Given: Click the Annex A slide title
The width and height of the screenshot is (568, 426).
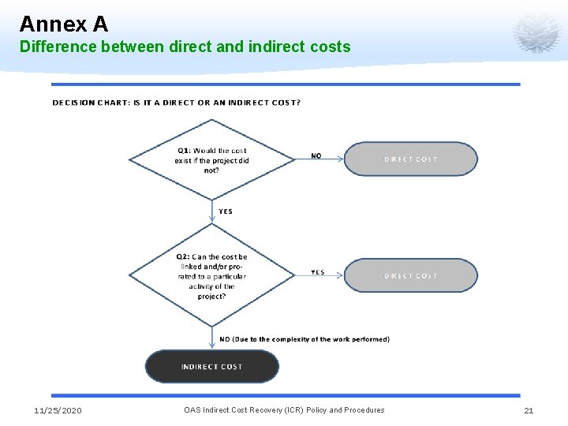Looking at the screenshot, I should click(x=63, y=24).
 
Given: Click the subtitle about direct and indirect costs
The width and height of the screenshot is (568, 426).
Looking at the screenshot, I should click(x=185, y=47).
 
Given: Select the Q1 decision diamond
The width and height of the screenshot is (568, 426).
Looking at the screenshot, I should click(x=211, y=159).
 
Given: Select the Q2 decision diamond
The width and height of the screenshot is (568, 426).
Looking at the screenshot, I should click(x=211, y=275).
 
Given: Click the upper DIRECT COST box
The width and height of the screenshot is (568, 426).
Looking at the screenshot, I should click(x=410, y=159).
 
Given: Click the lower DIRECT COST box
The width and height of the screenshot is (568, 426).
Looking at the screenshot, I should click(x=410, y=275).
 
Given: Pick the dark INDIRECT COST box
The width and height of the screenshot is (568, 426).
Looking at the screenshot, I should click(x=211, y=366).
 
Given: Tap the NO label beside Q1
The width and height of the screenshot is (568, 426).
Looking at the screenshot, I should click(x=316, y=155).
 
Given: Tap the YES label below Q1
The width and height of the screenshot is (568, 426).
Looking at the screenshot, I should click(x=226, y=211).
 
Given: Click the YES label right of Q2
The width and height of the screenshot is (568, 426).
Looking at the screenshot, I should click(x=317, y=272).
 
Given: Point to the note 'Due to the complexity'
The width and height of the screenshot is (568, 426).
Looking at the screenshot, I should click(x=305, y=339).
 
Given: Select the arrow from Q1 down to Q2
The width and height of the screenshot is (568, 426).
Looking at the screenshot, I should click(x=211, y=211).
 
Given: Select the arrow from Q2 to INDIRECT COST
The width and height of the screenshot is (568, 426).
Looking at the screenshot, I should click(x=211, y=338).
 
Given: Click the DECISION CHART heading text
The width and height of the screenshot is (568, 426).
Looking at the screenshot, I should click(x=176, y=103).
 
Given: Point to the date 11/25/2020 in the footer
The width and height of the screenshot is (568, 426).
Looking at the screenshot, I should click(x=58, y=410).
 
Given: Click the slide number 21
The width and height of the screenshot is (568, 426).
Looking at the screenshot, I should click(x=529, y=410).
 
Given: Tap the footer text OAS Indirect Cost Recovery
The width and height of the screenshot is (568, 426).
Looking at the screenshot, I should click(x=284, y=410).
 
